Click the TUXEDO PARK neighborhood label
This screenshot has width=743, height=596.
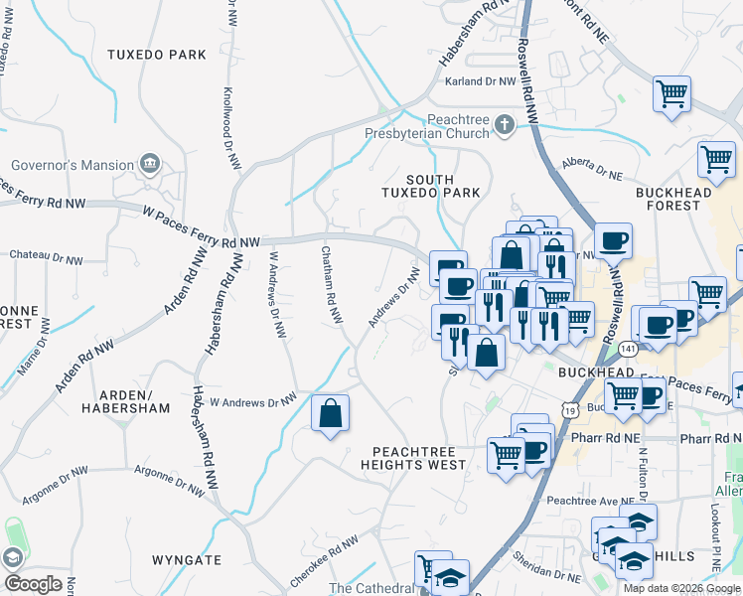[156, 54]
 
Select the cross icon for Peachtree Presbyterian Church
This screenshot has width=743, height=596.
[505, 125]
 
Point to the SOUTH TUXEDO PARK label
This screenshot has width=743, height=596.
[429, 185]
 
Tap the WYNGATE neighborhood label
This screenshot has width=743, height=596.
[187, 560]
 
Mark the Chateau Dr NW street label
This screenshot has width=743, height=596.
[46, 257]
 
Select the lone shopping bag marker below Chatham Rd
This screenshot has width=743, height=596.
[330, 413]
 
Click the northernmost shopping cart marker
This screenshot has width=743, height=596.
[672, 94]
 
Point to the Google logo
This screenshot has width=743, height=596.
[34, 583]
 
